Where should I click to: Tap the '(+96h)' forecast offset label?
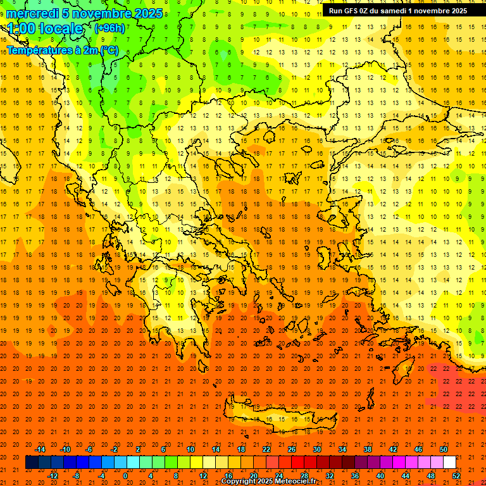pos(109,28)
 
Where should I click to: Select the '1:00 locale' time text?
pos(46,28)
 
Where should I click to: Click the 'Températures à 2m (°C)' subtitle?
pos(62,50)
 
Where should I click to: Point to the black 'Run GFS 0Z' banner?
pos(398,11)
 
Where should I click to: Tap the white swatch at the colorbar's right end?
pos(449,462)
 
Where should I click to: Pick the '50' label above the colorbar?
pos(443,449)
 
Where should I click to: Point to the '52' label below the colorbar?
pos(456,475)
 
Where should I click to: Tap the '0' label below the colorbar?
pos(125,475)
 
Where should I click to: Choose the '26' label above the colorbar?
pos(292,449)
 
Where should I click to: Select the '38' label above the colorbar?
pos(368,449)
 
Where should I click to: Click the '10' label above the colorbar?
pos(190,449)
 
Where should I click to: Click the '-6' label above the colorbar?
pos(89,449)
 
